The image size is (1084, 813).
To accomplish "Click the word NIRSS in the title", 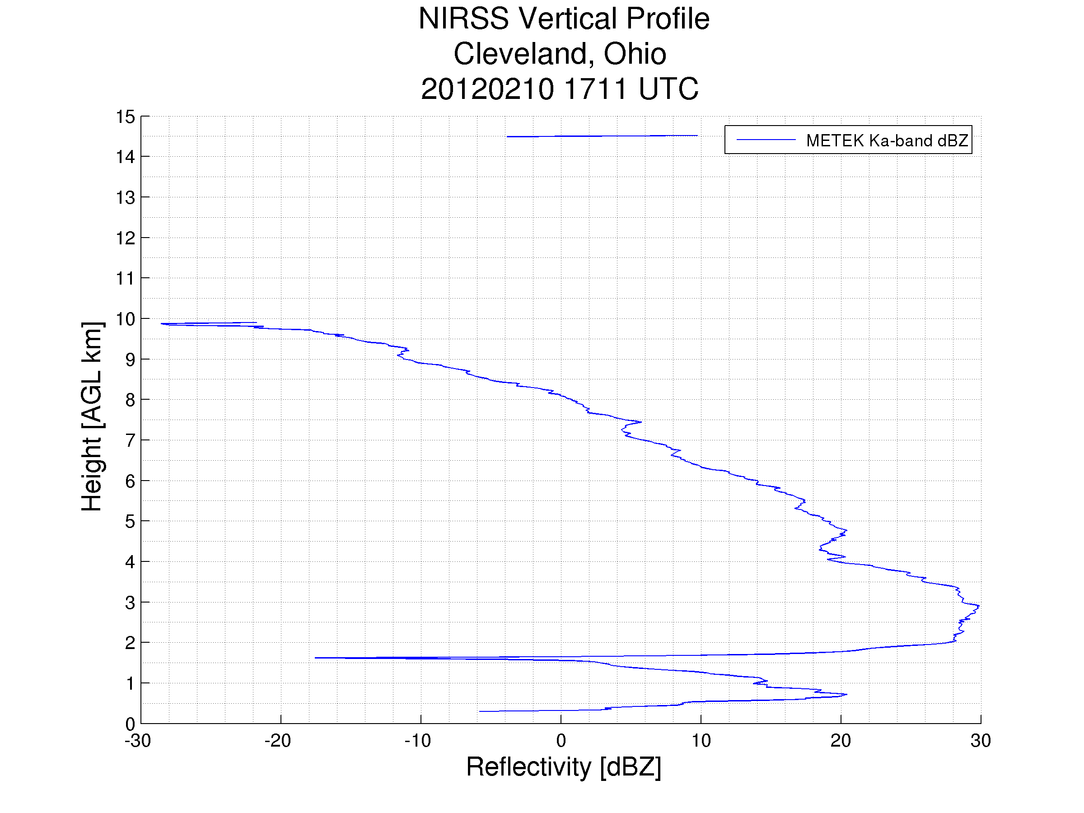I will (463, 19).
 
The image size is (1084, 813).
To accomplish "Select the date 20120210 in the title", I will (487, 89).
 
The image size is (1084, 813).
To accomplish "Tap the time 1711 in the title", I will (595, 89).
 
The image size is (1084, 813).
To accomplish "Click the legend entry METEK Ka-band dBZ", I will (887, 140).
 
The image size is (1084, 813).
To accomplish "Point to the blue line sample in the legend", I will (766, 140).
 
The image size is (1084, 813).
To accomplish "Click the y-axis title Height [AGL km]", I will (92, 416).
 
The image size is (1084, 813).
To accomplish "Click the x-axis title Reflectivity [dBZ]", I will (564, 767).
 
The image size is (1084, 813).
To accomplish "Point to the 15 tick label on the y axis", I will (125, 117).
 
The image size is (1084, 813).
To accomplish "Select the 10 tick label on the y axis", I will (125, 319).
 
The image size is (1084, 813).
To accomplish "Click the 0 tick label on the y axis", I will (130, 724).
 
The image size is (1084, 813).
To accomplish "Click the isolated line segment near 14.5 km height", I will (602, 136).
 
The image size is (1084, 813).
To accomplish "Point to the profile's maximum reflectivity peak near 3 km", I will (979, 606).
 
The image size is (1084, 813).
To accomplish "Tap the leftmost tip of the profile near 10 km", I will (162, 323).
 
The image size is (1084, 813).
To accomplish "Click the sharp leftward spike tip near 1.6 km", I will (316, 658).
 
